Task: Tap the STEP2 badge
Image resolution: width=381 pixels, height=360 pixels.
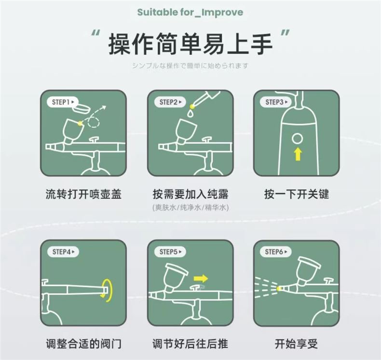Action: point(170,102)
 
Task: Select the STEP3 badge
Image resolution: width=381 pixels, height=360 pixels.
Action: point(276,102)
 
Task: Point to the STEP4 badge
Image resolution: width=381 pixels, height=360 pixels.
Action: point(63,251)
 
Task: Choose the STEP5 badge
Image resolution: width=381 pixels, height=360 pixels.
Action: point(170,251)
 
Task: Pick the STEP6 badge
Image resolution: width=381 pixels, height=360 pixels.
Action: point(276,251)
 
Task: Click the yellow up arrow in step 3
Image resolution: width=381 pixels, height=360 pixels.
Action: point(298,154)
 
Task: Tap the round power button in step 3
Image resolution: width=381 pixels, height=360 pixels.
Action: point(298,139)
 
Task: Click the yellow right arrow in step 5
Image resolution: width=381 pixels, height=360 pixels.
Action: point(201,278)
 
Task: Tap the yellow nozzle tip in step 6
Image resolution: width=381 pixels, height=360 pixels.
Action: point(279,289)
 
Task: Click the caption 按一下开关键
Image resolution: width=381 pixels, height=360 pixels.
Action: point(297,194)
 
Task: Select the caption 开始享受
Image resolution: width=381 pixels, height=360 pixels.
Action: point(296,344)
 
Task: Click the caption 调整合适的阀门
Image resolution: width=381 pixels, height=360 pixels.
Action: point(83,344)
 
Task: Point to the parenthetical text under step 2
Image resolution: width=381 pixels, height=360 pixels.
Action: point(191,208)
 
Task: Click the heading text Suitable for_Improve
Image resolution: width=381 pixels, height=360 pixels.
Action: point(190,12)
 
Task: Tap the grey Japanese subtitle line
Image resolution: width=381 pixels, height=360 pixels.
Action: point(190,66)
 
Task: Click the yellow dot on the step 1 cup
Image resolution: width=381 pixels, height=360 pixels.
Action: point(80,123)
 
